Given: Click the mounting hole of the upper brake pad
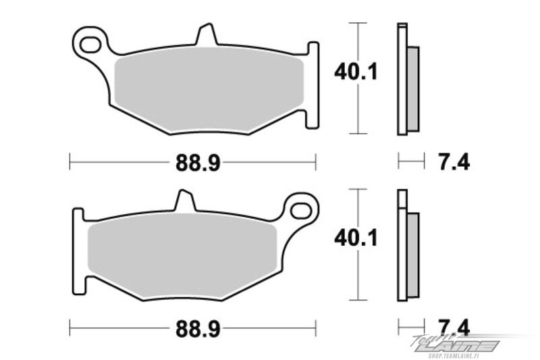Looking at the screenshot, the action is tap(90, 44).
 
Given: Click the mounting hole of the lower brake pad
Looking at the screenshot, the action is tap(301, 211).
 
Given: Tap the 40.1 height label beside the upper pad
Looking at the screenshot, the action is tap(356, 72).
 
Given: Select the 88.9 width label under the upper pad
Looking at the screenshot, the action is tap(198, 162).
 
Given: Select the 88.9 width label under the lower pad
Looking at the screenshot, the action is tap(198, 329).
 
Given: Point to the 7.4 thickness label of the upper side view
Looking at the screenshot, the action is tap(454, 162).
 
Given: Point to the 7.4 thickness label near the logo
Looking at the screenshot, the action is tap(454, 328).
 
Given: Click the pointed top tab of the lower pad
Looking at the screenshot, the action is tap(184, 200).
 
